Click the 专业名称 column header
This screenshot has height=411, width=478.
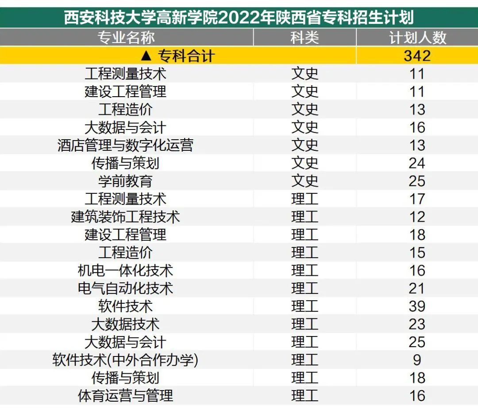click(126, 38)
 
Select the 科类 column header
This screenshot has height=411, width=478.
click(305, 38)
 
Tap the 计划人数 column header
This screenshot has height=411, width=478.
click(417, 38)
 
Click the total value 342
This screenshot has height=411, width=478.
click(417, 56)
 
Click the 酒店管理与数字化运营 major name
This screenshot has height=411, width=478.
click(126, 145)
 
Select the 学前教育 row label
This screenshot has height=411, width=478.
click(126, 181)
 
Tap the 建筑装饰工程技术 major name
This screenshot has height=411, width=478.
click(126, 217)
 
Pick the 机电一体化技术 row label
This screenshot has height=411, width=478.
click(126, 270)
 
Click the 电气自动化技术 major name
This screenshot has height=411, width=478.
click(126, 289)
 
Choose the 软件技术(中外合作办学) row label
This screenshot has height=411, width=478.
click(126, 360)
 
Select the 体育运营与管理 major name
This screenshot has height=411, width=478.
click(126, 395)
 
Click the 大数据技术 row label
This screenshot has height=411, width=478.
click(126, 324)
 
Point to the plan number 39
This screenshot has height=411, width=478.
click(417, 306)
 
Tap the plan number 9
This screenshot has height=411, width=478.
click(417, 360)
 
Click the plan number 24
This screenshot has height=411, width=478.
click(417, 163)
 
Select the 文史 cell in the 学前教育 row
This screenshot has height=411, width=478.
click(305, 181)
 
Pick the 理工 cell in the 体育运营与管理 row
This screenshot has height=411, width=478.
click(305, 395)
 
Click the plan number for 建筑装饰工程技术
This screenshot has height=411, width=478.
click(417, 217)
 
